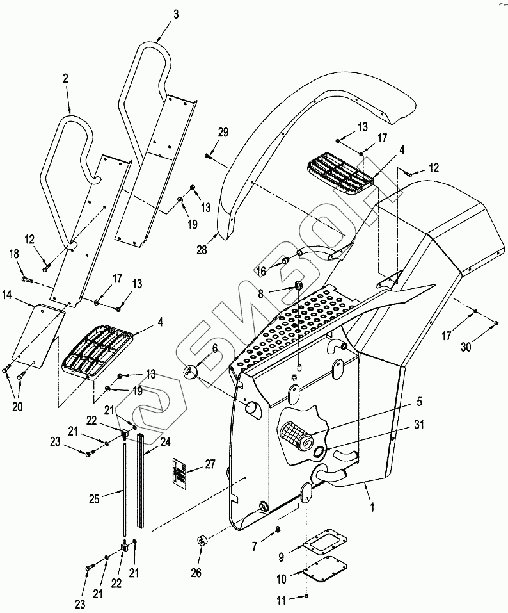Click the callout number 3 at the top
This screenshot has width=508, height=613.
176,15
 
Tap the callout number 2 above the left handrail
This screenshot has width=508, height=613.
65,78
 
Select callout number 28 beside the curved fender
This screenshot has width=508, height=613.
202,250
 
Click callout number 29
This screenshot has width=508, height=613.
223,132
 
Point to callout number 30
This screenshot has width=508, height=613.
466,347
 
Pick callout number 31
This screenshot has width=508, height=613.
418,424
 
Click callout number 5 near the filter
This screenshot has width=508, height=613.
419,402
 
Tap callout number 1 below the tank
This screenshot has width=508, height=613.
372,507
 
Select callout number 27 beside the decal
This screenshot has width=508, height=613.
210,464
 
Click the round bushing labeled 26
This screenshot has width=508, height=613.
202,541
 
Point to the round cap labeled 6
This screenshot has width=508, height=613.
190,370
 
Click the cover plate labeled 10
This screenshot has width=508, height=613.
325,568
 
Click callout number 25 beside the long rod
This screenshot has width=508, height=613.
94,499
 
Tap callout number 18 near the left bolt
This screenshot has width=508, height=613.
13,254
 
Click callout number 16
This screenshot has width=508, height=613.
261,270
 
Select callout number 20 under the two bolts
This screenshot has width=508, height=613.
17,407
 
